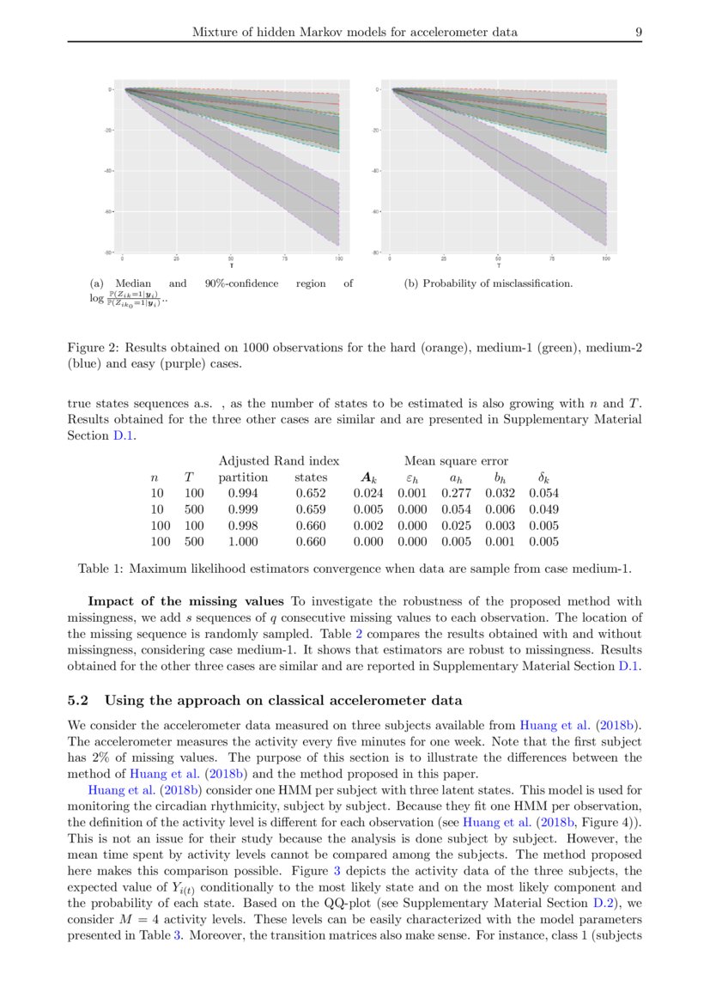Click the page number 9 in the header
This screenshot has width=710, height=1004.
pyautogui.click(x=639, y=33)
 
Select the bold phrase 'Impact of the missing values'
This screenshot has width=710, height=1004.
pyautogui.click(x=186, y=600)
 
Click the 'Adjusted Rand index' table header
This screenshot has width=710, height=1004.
pyautogui.click(x=279, y=461)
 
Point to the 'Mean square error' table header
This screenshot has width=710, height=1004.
pyautogui.click(x=456, y=461)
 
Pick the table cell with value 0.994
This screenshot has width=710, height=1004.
pyautogui.click(x=243, y=493)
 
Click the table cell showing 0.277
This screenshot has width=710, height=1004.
pyautogui.click(x=455, y=493)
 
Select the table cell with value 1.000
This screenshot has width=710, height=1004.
pyautogui.click(x=243, y=542)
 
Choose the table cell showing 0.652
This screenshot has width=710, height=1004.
pyautogui.click(x=310, y=493)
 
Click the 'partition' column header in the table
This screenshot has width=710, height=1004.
pyautogui.click(x=244, y=478)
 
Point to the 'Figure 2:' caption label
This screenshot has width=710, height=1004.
pyautogui.click(x=94, y=348)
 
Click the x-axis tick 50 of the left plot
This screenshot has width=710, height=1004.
pyautogui.click(x=231, y=259)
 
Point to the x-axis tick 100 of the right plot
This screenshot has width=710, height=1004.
pyautogui.click(x=606, y=259)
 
